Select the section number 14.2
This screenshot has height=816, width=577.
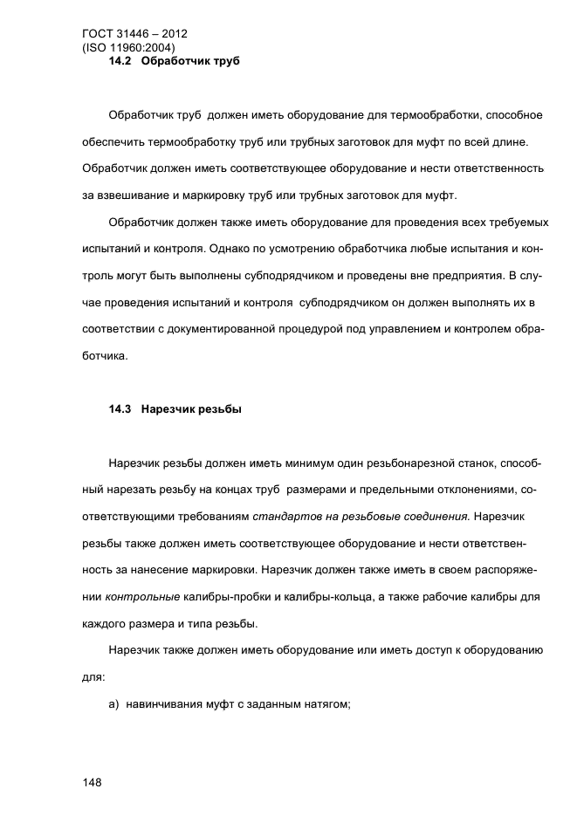[x=119, y=62]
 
